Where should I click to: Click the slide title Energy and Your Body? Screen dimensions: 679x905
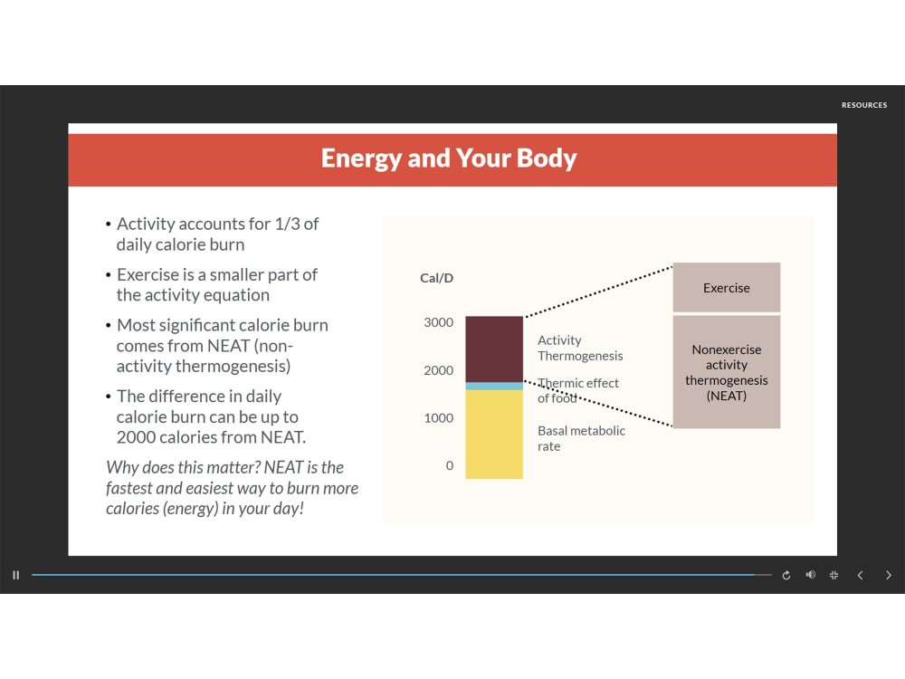click(449, 158)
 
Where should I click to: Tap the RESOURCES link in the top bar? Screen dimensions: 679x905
click(864, 105)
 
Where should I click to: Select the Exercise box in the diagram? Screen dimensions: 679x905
click(726, 288)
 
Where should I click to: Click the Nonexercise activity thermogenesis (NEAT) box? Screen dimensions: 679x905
click(726, 372)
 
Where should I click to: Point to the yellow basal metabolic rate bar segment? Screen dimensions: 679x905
click(494, 434)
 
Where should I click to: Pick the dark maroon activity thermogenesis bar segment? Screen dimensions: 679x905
click(494, 349)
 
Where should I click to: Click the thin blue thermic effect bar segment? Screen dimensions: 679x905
click(494, 386)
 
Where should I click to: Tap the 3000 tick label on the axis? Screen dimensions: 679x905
click(439, 322)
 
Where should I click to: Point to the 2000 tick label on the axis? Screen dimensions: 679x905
click(439, 370)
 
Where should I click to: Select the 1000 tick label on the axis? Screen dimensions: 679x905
click(439, 418)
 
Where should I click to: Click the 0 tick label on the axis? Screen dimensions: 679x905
click(449, 465)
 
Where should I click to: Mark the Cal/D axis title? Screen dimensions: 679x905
click(437, 278)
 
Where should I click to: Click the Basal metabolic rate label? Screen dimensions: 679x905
click(581, 438)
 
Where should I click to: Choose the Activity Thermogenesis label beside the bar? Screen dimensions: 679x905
click(580, 348)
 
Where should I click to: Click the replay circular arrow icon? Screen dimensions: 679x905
click(786, 575)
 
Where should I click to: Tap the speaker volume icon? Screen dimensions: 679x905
click(810, 575)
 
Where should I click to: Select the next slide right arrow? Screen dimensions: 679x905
click(888, 575)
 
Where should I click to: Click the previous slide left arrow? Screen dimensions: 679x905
click(861, 575)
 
